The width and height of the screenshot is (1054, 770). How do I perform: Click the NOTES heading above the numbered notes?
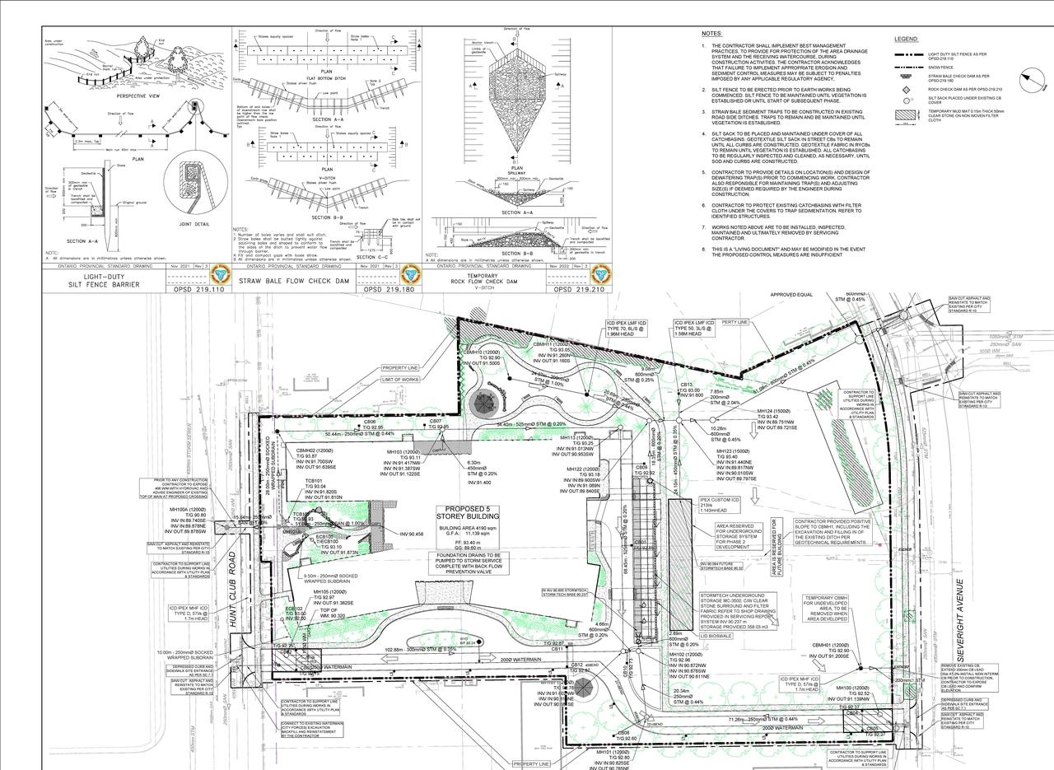tap(711, 34)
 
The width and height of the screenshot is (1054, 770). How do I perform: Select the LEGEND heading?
tap(907, 39)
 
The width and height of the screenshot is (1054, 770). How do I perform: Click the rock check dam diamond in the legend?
tap(906, 88)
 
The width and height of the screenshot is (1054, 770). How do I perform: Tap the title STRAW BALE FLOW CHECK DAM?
tap(295, 281)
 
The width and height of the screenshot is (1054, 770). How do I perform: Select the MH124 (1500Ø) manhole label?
tap(774, 410)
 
